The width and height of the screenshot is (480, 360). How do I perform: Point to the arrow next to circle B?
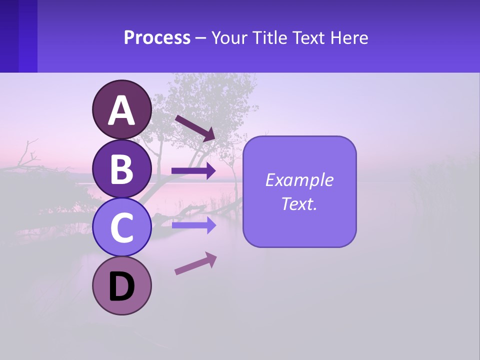pos(193,171)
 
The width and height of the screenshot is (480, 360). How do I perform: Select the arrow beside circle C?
pos(193,225)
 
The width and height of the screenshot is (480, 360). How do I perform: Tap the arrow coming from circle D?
pos(195,263)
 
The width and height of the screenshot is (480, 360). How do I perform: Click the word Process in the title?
pos(157,37)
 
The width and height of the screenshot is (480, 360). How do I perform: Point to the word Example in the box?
pos(299,180)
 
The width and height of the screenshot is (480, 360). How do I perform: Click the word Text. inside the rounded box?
pos(299,203)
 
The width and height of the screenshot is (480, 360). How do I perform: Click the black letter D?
pos(121,287)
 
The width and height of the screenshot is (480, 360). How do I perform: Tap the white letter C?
pos(121,228)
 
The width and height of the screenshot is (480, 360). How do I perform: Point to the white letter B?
pos(121,169)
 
